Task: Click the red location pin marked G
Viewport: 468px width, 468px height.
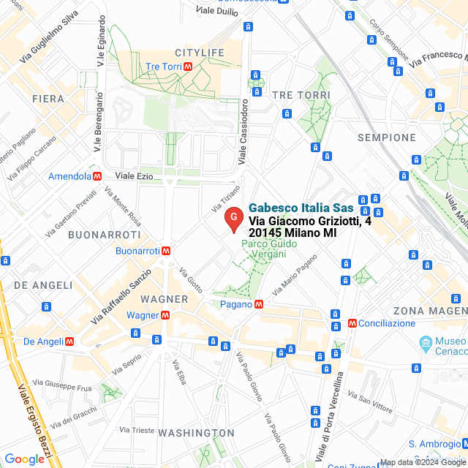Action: point(233,219)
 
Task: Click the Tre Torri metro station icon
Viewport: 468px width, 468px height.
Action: point(188,67)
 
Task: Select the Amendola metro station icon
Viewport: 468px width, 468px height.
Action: point(97,176)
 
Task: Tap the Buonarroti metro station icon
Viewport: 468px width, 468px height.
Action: point(167,250)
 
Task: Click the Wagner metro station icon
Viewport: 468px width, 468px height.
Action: point(165,315)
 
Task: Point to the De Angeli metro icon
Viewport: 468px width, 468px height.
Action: point(69,341)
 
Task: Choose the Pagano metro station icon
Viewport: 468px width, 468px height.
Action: point(259,303)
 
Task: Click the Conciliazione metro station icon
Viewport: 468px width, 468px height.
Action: point(352,322)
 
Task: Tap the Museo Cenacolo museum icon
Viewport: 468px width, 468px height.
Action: point(426,342)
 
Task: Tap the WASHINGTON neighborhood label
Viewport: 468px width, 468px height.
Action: point(197,433)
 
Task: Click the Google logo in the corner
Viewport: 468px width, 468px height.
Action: point(24,459)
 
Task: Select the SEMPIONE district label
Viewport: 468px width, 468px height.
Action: point(387,137)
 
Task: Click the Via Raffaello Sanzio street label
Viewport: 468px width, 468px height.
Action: point(121,297)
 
